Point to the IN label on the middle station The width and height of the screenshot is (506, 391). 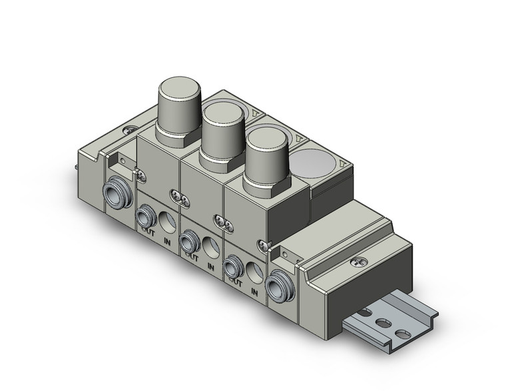click(211, 268)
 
